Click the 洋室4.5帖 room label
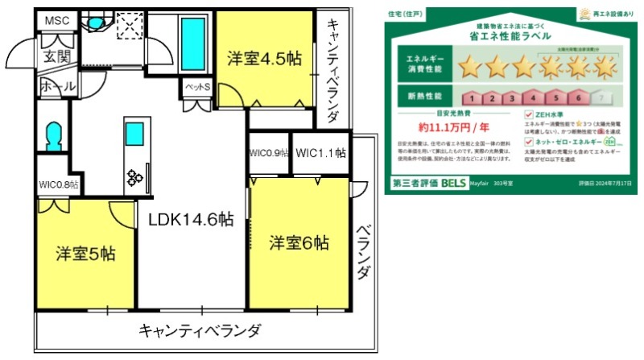(x=265, y=59)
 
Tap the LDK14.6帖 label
(x=191, y=220)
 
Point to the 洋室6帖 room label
(x=299, y=242)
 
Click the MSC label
(x=56, y=21)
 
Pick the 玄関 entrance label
(x=56, y=57)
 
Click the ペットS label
(x=197, y=87)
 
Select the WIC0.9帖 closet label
(x=268, y=153)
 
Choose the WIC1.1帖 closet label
(x=320, y=153)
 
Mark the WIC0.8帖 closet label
(x=58, y=185)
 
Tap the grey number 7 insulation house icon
(x=597, y=98)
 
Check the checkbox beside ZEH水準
(x=529, y=114)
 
